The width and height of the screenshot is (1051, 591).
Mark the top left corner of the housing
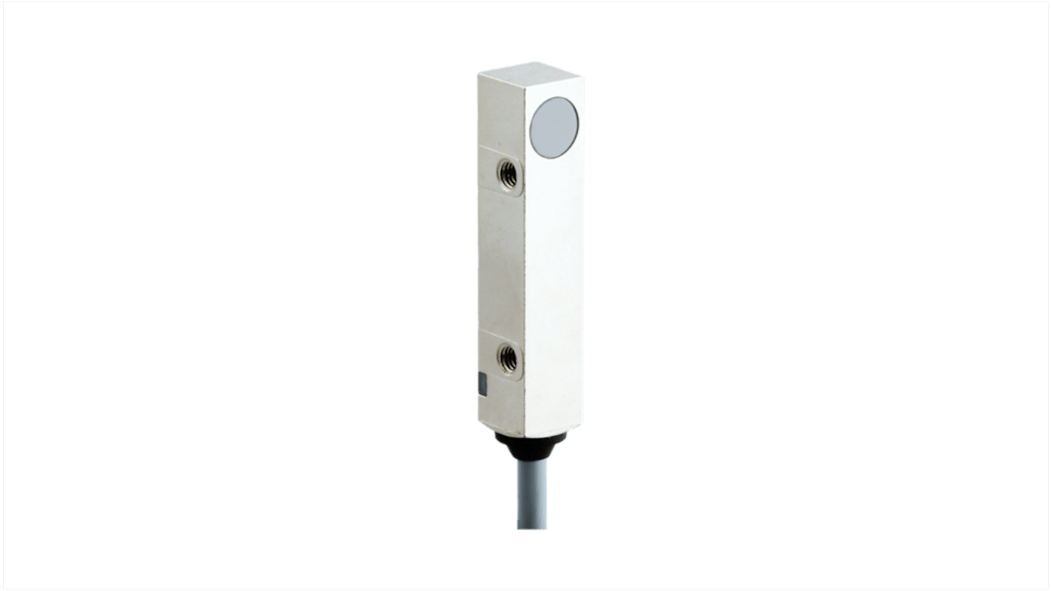tap(477, 73)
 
